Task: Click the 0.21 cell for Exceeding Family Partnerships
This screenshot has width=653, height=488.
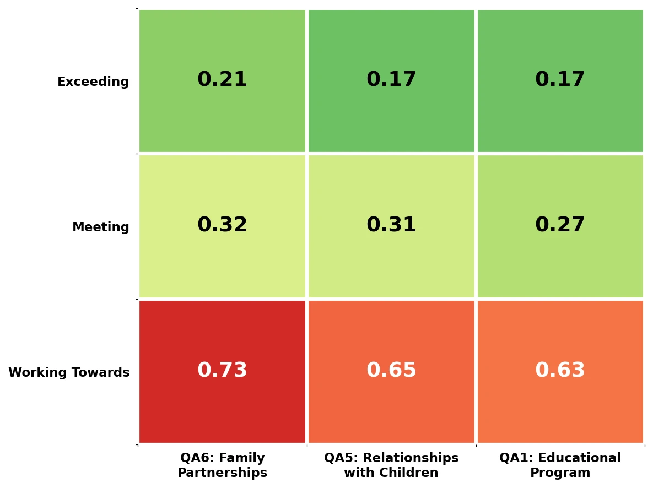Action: point(222,80)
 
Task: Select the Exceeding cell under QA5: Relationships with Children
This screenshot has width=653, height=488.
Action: point(391,80)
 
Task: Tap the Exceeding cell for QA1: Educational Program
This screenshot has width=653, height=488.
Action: point(560,80)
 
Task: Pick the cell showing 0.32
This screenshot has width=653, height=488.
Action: point(222,226)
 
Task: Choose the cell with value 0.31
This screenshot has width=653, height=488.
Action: point(391,226)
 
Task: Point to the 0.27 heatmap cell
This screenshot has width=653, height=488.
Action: point(560,226)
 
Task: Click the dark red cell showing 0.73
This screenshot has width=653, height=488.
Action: point(222,371)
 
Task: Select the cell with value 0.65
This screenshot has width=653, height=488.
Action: point(391,371)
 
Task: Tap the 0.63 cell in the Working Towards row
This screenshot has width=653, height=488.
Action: point(560,371)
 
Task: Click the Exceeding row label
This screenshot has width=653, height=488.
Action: point(93,82)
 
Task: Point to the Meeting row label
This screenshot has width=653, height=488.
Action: point(100,227)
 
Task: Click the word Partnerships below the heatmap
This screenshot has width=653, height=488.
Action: point(222,473)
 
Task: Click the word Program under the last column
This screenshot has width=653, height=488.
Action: point(560,473)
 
